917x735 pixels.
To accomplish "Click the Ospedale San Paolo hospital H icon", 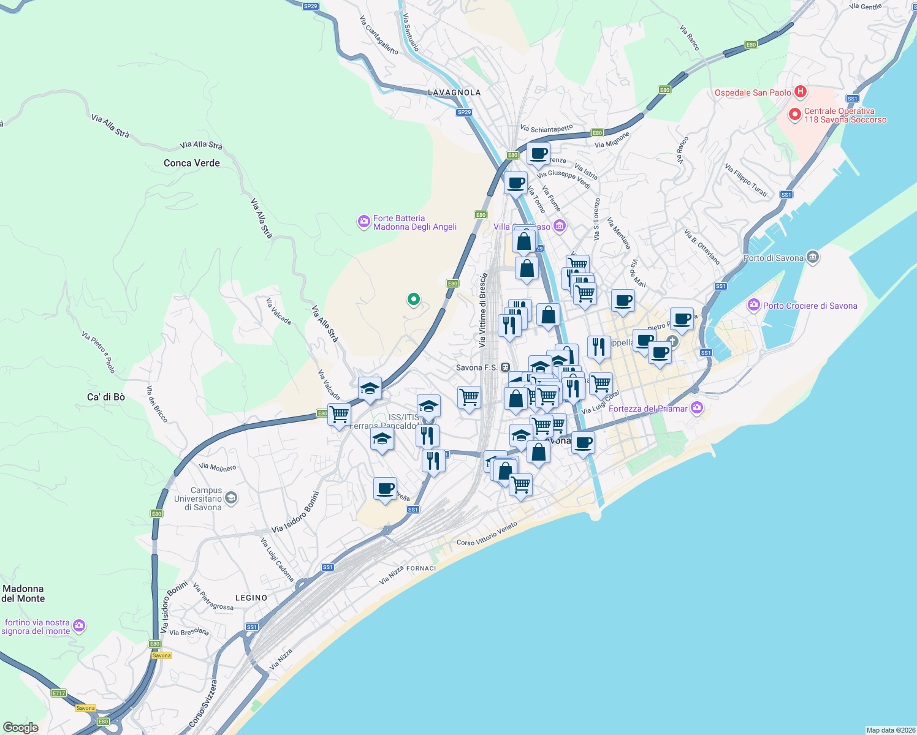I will tap(800, 92).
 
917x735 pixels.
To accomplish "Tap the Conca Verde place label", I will tap(191, 163).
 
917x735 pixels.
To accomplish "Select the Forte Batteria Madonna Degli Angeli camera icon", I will tap(363, 222).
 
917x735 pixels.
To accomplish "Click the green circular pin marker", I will tap(414, 300).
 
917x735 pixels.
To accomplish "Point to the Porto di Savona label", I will tap(773, 258).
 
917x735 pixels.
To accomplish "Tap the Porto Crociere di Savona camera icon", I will tap(754, 305).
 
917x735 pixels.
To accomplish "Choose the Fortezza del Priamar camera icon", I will tap(696, 408).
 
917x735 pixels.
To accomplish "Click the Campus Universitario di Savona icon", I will tap(231, 498).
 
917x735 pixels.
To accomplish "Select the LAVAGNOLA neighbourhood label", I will tap(454, 92).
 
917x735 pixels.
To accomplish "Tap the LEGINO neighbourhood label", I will tap(251, 598).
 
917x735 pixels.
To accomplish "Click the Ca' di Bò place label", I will tap(106, 397).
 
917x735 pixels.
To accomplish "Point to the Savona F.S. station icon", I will tap(505, 367).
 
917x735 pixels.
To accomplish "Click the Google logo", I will tap(21, 728).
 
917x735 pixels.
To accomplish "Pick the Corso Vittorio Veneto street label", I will tap(487, 533).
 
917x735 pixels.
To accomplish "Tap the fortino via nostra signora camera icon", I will tap(78, 626).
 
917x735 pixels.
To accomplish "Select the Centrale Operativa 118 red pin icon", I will tap(795, 115).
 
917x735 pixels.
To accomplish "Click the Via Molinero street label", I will tap(218, 467).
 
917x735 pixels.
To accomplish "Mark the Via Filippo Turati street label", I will tap(746, 180).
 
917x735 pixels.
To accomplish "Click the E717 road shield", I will tap(58, 693).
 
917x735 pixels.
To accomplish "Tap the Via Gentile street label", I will tap(866, 7).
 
